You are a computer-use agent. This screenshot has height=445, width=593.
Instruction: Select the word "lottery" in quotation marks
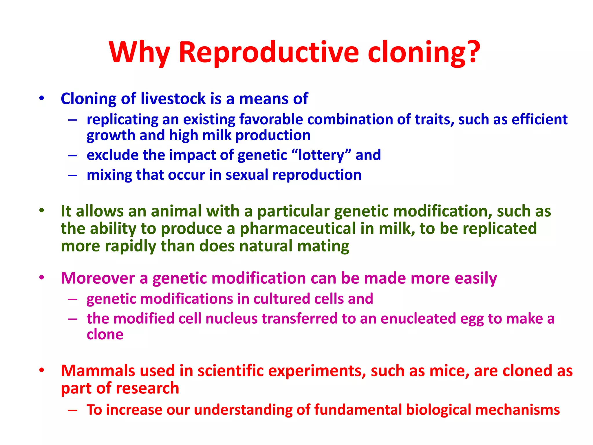[x=321, y=155]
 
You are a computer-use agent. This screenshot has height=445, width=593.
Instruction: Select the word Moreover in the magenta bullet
[x=98, y=278]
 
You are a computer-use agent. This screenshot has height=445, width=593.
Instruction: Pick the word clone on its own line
[x=105, y=335]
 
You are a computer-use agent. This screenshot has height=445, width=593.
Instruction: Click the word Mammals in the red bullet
[x=98, y=371]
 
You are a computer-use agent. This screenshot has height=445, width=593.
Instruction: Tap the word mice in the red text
[x=449, y=371]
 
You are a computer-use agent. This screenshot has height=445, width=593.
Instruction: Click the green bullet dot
[x=42, y=211]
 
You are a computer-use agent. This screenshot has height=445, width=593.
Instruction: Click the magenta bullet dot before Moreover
[x=42, y=278]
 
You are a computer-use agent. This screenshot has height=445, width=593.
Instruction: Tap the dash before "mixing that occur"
[x=73, y=175]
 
